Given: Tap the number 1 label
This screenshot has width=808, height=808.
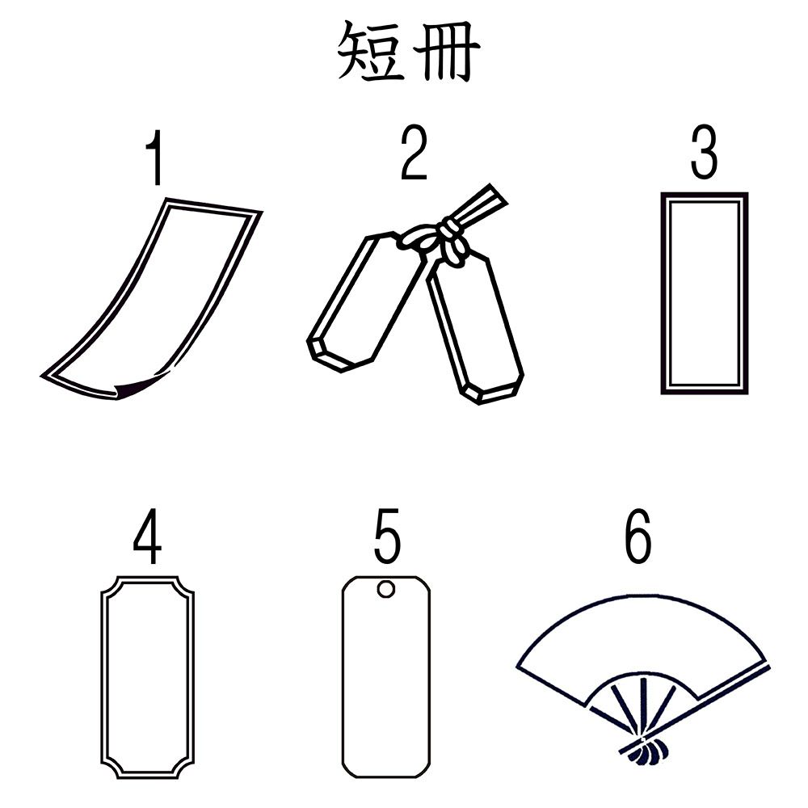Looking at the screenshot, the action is [154, 158].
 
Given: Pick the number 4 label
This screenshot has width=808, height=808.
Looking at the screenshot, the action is [148, 537].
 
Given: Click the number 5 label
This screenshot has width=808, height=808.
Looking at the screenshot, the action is [387, 536].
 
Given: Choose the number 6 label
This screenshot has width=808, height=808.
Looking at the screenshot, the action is [638, 536].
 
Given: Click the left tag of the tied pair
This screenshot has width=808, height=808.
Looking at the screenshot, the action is [367, 302].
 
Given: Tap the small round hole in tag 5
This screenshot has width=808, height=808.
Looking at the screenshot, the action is [386, 589].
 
